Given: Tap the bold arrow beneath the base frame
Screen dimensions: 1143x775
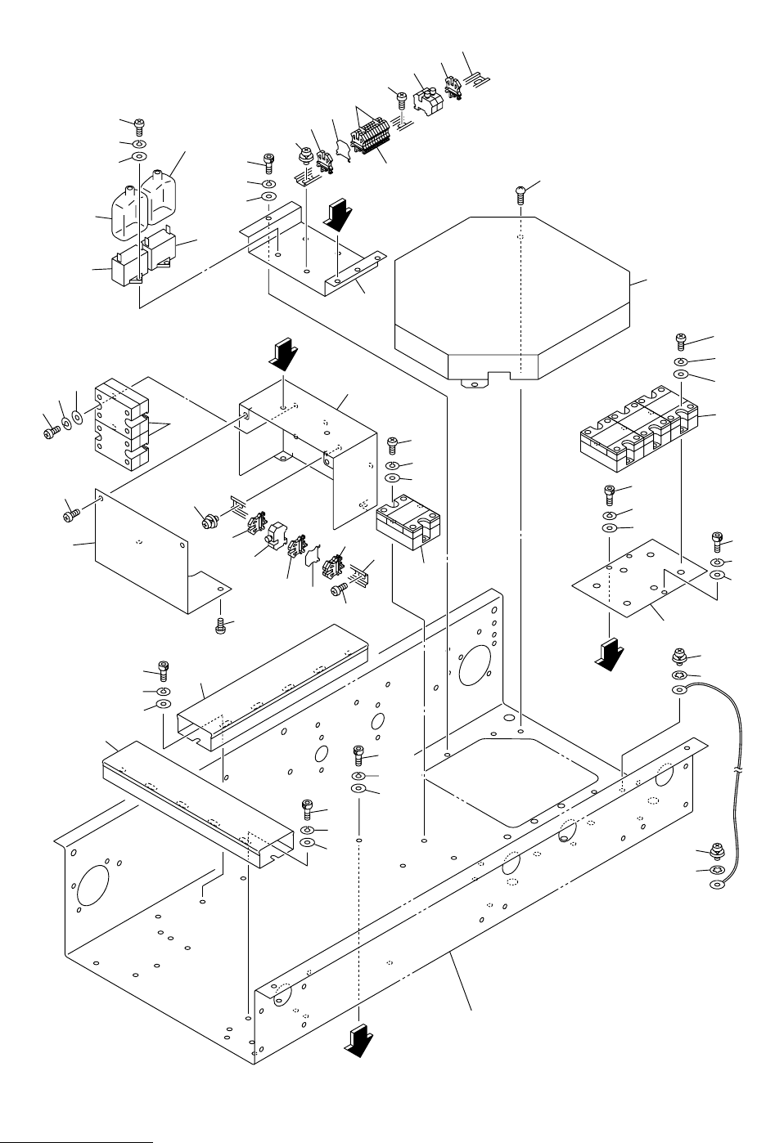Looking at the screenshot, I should coord(358,1042).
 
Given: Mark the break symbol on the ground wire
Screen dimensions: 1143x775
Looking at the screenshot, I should coord(740,771).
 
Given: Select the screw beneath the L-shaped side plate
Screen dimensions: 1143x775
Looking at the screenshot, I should coord(220,626).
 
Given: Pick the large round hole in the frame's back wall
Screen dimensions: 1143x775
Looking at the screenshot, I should coord(474,662).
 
